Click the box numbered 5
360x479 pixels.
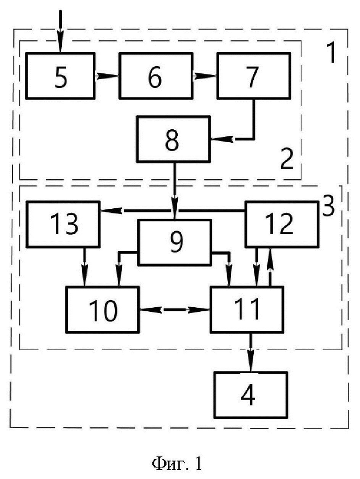[60, 76]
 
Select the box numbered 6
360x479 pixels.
[156, 76]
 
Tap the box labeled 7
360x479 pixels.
[253, 76]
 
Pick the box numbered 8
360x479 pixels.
[174, 139]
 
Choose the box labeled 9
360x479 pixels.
[174, 242]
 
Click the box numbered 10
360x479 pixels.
[102, 309]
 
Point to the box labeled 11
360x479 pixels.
[247, 309]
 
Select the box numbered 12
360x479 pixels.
[282, 224]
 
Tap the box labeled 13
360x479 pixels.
[63, 224]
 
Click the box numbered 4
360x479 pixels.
[251, 394]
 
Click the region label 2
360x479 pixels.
[287, 159]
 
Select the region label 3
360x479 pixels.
[328, 206]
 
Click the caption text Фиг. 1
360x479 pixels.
[177, 463]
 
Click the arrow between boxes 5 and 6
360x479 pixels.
[107, 76]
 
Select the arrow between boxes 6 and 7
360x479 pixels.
[205, 76]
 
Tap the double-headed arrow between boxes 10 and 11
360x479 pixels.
[174, 310]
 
